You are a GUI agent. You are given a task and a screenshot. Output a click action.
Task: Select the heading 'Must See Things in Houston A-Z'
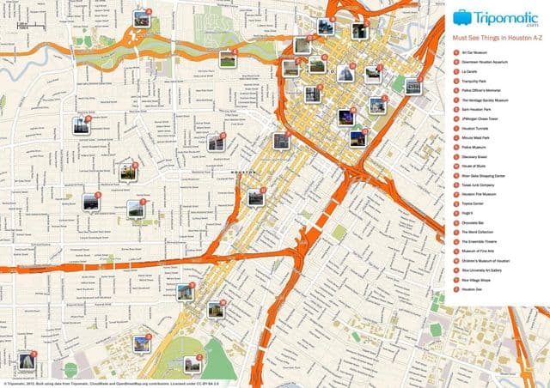click(494, 39)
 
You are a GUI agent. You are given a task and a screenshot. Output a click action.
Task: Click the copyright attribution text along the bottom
click(103, 384)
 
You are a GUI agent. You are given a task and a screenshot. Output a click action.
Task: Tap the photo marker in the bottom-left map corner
click(26, 361)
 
